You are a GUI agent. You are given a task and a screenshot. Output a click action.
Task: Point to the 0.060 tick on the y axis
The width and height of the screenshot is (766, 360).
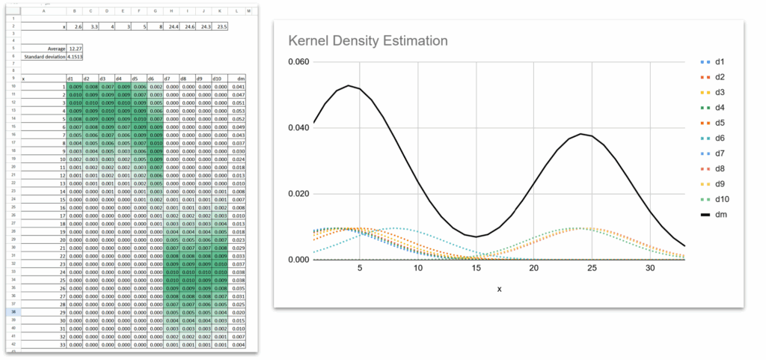click(298, 62)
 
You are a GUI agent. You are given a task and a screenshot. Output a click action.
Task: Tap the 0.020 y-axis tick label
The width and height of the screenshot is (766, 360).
click(298, 193)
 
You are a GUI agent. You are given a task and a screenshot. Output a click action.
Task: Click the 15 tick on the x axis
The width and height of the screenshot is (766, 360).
click(476, 267)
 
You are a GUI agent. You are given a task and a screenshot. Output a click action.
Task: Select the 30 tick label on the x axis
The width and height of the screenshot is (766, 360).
click(650, 267)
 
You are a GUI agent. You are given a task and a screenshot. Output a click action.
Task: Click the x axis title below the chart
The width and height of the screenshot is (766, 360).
click(499, 288)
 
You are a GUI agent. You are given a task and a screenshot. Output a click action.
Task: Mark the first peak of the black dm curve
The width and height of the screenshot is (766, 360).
click(349, 85)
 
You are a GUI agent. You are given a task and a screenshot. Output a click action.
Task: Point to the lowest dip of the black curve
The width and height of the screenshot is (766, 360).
click(476, 237)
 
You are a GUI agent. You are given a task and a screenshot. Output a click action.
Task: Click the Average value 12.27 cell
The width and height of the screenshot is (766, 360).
click(73, 49)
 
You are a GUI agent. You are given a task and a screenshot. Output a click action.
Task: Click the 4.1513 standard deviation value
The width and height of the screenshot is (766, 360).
click(74, 55)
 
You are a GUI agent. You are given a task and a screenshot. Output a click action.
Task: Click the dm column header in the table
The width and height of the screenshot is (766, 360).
click(240, 78)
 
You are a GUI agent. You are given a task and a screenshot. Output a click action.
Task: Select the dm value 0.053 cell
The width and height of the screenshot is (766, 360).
click(239, 111)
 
